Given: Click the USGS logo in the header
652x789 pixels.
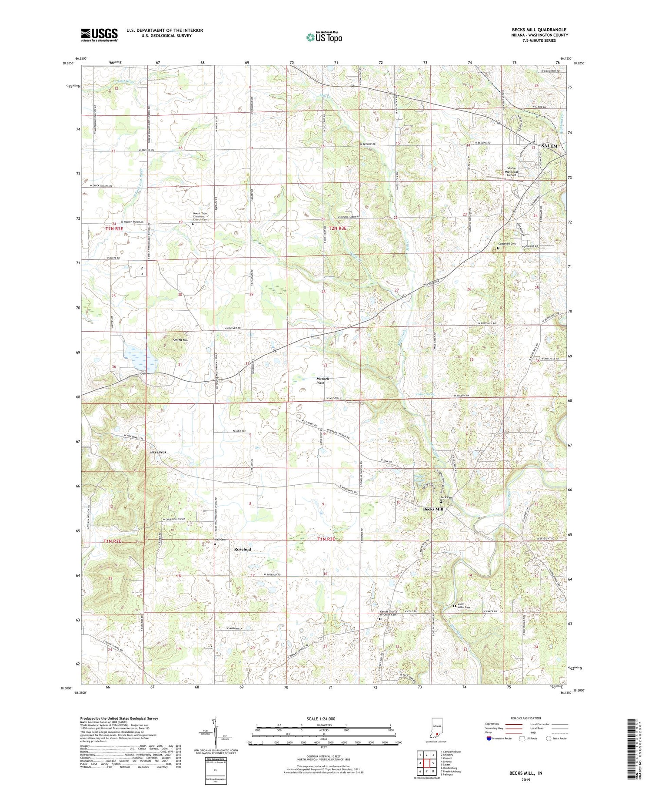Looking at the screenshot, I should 99,35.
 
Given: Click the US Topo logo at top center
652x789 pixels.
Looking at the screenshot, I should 324,37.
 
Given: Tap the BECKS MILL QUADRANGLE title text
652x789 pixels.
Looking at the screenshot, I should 539,30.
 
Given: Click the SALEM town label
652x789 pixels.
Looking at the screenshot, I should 549,146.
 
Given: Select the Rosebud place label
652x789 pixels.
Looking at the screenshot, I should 243,549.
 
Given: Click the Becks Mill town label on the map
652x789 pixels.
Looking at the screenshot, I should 433,509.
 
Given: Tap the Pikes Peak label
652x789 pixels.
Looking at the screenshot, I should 159,452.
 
